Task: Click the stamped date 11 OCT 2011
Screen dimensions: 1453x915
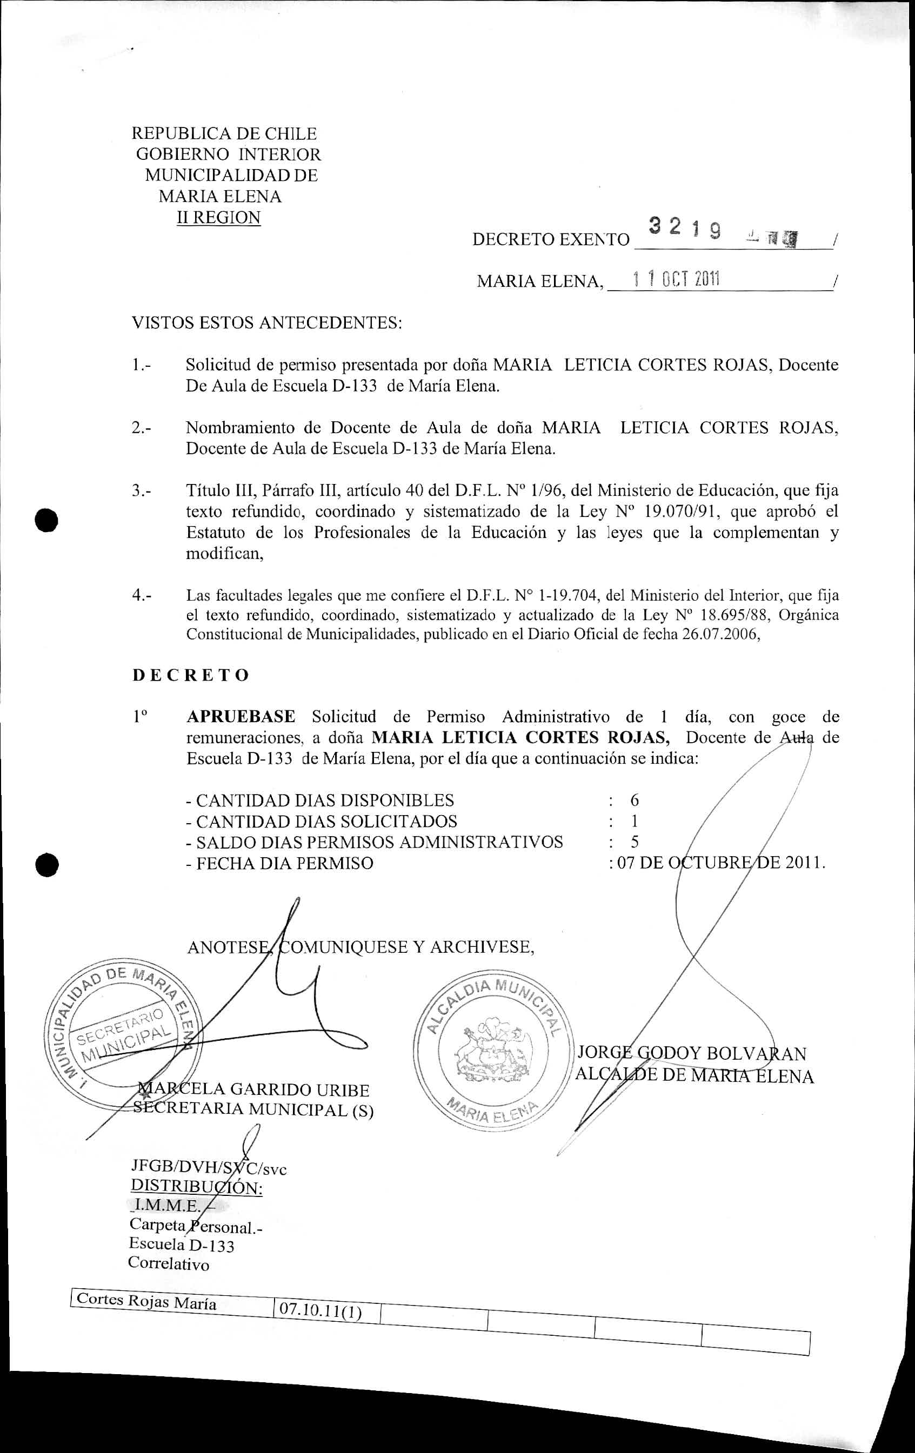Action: [x=676, y=279]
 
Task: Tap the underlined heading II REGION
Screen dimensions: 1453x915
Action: [x=218, y=217]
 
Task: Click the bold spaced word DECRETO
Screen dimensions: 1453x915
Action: [x=191, y=675]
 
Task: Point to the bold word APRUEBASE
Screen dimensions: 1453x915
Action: [x=241, y=716]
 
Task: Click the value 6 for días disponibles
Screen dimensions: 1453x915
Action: [x=635, y=800]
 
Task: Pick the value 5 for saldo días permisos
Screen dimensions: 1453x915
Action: [x=635, y=842]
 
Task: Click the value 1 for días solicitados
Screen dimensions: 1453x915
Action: [x=635, y=821]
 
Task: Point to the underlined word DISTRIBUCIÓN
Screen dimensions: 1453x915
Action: [x=196, y=1187]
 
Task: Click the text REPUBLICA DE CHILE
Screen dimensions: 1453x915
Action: [x=224, y=133]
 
